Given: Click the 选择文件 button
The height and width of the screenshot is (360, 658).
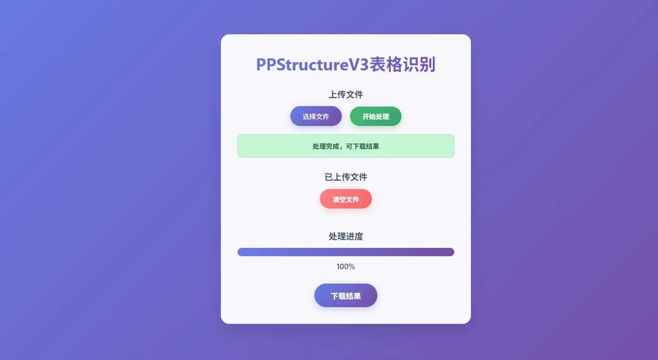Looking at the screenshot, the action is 316,116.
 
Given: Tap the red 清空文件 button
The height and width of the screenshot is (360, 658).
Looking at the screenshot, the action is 346,199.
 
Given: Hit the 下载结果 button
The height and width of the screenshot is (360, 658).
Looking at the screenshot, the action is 346,295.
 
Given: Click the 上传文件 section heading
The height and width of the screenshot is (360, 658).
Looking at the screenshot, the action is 346,95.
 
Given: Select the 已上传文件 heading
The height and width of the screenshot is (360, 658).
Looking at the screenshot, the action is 346,177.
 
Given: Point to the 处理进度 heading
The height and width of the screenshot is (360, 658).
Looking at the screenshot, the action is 346,236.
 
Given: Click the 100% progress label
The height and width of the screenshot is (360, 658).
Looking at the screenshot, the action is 346,266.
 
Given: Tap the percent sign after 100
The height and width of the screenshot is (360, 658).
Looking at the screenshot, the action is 352,266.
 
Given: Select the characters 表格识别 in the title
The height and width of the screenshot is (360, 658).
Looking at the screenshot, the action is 402,64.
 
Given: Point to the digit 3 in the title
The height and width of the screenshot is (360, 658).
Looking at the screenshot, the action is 364,65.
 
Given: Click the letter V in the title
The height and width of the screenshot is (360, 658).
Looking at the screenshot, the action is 354,65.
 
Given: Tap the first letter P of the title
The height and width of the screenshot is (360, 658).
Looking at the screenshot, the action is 261,65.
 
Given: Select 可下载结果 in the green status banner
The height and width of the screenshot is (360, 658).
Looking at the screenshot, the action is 363,146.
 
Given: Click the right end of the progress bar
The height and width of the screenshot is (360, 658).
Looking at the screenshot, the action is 454,252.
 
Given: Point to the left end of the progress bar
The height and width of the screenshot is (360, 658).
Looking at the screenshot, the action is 238,252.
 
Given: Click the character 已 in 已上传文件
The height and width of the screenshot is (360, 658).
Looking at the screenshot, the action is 328,177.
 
